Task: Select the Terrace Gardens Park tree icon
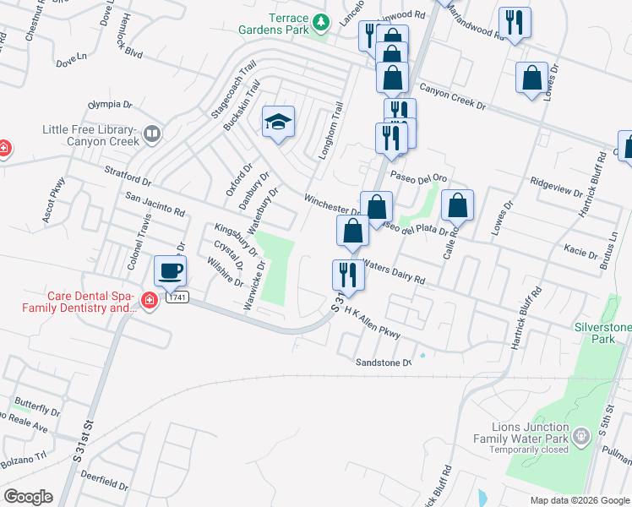pyautogui.click(x=320, y=21)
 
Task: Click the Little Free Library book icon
pyautogui.click(x=152, y=133)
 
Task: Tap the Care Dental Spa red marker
pyautogui.click(x=150, y=301)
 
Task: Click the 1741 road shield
pyautogui.click(x=177, y=297)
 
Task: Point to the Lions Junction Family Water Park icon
pyautogui.click(x=580, y=437)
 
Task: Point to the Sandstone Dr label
pyautogui.click(x=383, y=363)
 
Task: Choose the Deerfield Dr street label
pyautogui.click(x=106, y=487)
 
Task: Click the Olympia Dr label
pyautogui.click(x=111, y=106)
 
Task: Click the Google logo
pyautogui.click(x=28, y=497)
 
